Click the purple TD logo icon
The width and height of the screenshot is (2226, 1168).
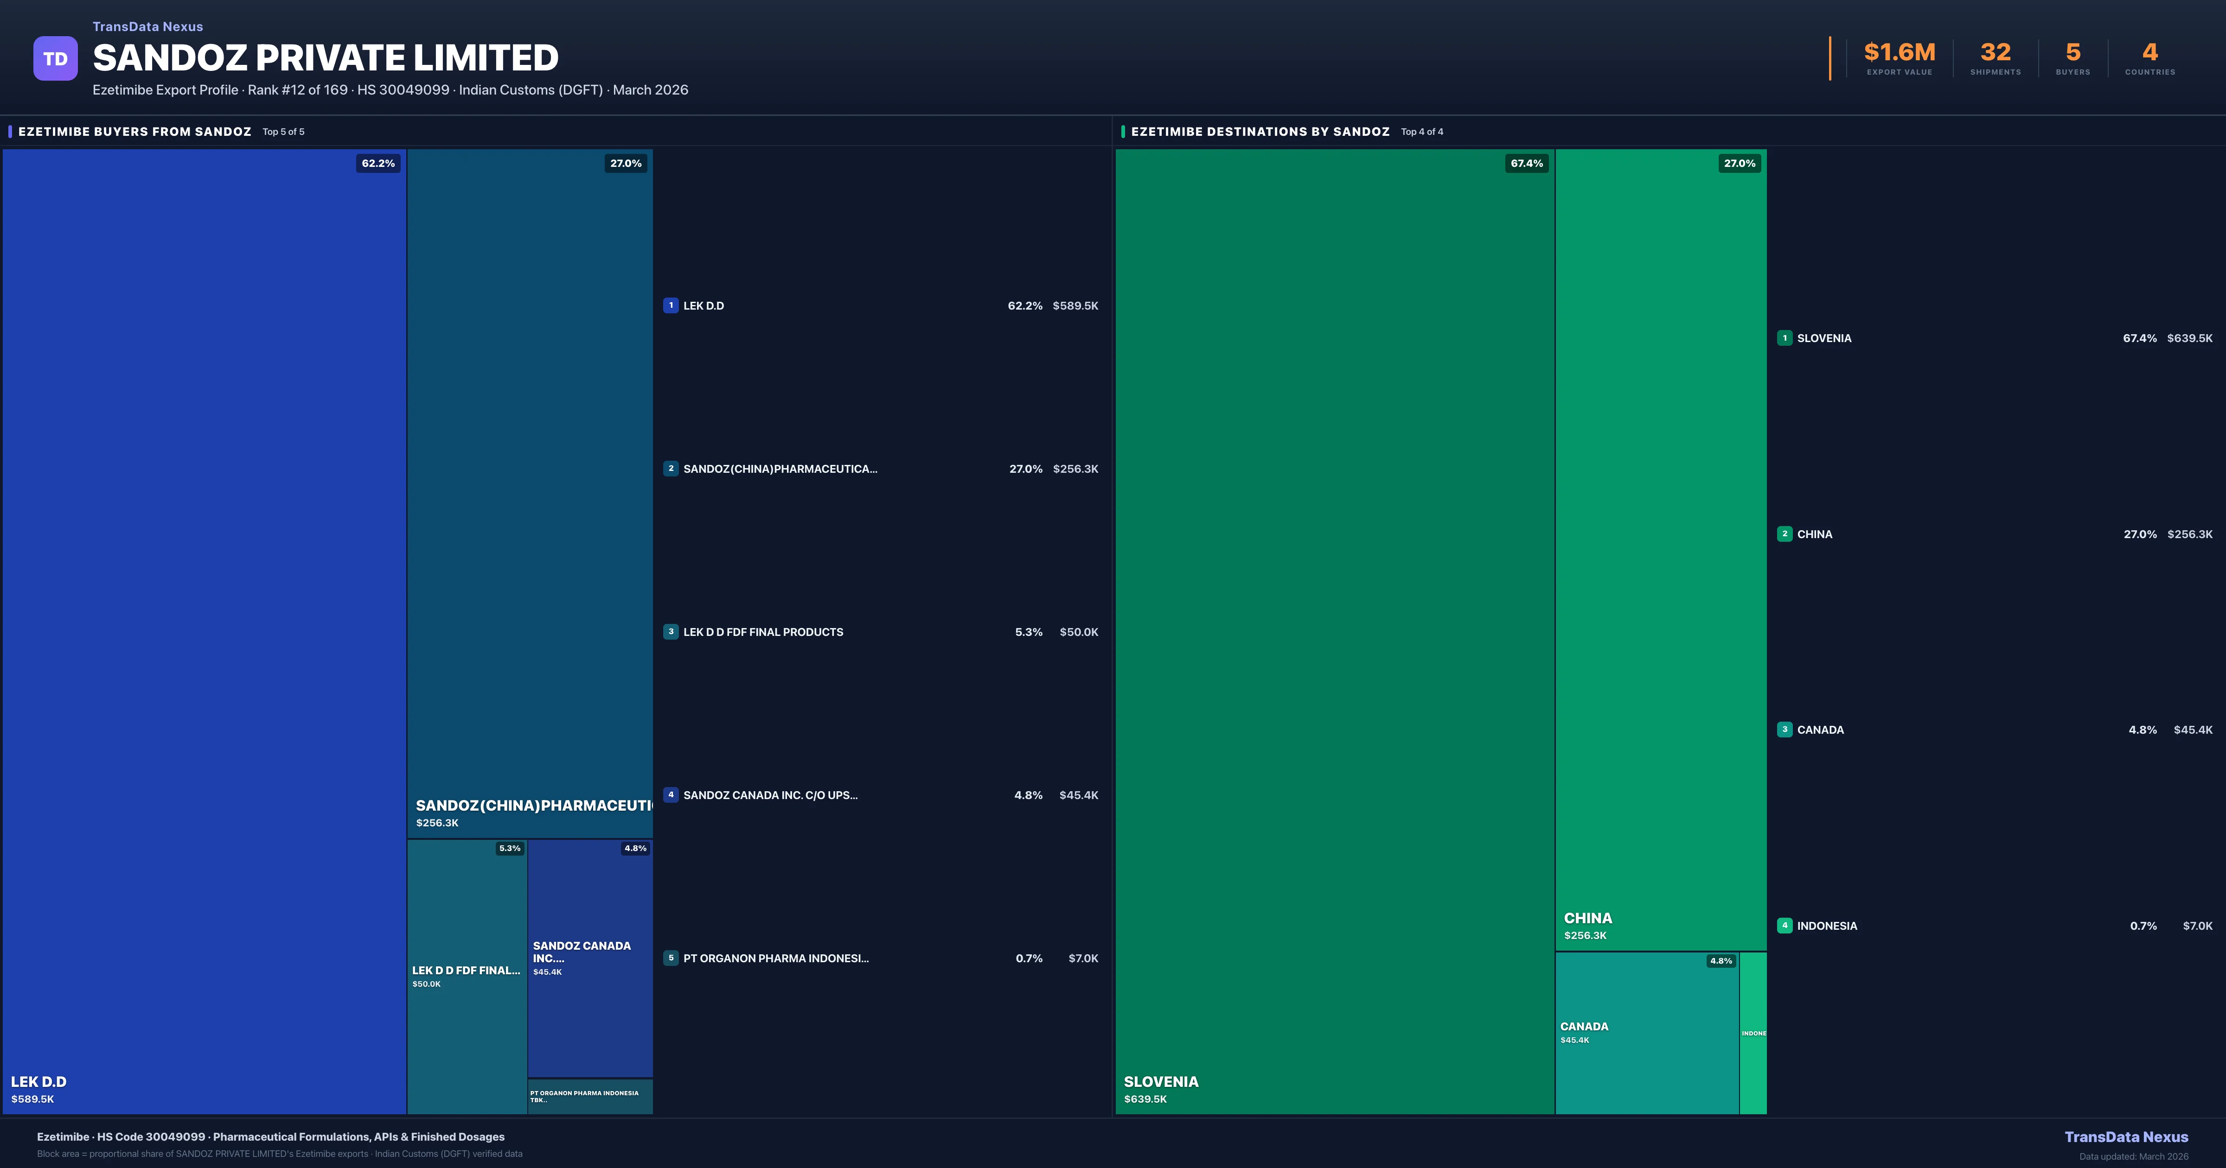(x=55, y=59)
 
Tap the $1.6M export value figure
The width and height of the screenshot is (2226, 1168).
(x=1900, y=53)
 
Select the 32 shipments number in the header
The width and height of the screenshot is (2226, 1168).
(x=1995, y=53)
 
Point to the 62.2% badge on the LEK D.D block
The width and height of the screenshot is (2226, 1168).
(x=377, y=163)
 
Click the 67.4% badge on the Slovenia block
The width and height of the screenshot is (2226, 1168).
(x=1526, y=163)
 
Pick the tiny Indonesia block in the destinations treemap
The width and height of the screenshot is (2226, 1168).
(x=1753, y=1033)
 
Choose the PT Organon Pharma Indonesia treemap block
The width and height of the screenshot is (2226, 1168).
(x=590, y=1096)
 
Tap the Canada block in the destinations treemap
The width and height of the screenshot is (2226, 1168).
(x=1646, y=1033)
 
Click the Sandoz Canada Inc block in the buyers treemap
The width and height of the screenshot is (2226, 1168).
(x=590, y=959)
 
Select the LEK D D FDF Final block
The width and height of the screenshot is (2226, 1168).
(x=467, y=976)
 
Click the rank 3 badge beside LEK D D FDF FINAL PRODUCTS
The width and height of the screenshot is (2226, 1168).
(x=671, y=632)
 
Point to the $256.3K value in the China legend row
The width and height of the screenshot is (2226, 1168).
(x=2190, y=534)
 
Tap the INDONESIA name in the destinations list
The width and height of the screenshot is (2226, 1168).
(x=1827, y=926)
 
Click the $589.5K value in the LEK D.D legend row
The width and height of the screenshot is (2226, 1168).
(x=1075, y=306)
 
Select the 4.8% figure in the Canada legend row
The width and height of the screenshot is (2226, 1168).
(x=2142, y=730)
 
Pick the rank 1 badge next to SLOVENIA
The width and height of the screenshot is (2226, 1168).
(x=1785, y=338)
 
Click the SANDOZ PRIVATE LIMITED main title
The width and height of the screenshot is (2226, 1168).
(x=326, y=58)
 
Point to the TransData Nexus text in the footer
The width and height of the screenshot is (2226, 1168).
(x=2126, y=1137)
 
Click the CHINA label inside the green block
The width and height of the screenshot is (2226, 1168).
(x=1587, y=918)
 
